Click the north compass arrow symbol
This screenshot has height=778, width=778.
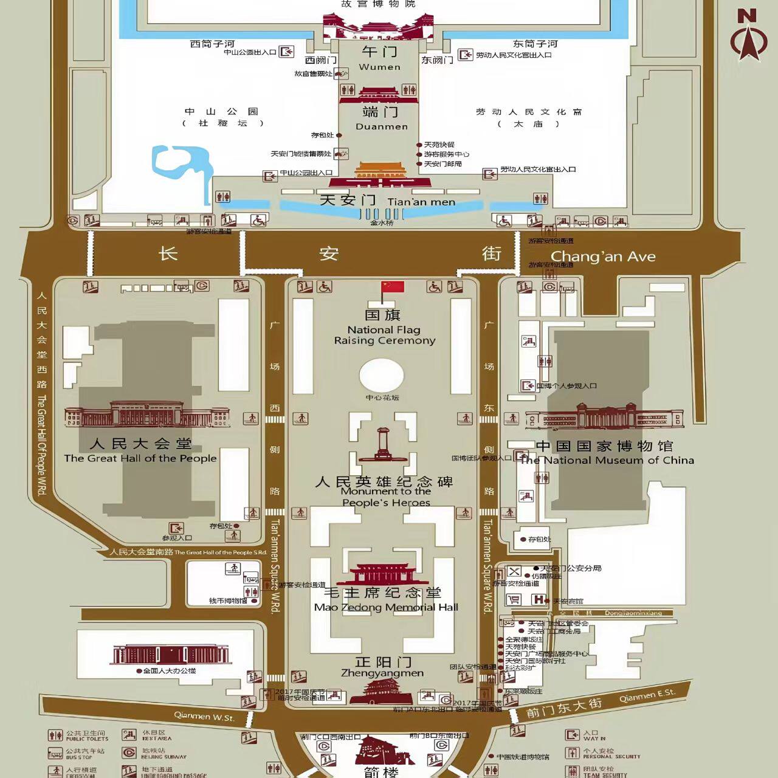point(749,36)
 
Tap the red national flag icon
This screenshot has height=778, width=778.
point(392,287)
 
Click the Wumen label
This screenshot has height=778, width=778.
point(380,67)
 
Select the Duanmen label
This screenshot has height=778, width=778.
point(382,126)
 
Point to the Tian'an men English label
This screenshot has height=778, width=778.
point(421,202)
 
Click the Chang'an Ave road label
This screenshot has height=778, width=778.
point(603,257)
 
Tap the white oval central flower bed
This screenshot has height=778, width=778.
point(381,376)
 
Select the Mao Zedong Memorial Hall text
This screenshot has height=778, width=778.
point(386,607)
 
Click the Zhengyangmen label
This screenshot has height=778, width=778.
point(382,673)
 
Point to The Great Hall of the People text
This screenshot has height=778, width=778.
point(140,458)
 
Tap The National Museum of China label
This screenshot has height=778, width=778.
point(607,460)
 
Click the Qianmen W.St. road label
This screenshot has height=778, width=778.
point(204,717)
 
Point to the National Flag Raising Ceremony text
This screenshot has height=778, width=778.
point(385,335)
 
